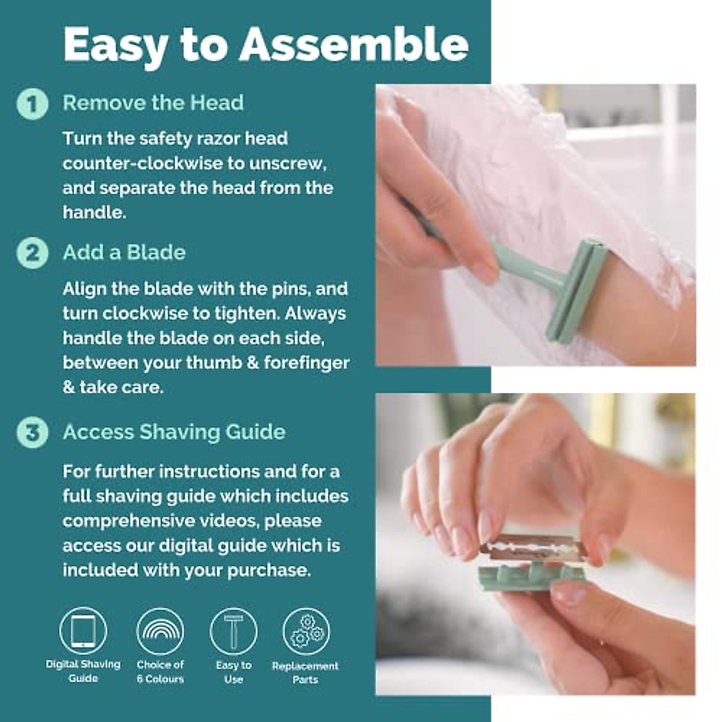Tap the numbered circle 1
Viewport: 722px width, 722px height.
32,103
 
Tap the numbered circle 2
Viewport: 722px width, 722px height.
32,253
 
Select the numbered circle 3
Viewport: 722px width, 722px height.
32,433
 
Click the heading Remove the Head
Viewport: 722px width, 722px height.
153,103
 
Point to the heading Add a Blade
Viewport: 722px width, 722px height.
124,252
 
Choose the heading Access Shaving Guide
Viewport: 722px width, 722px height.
174,432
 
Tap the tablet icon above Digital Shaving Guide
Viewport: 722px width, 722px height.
83,631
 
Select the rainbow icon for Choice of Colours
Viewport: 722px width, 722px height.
160,631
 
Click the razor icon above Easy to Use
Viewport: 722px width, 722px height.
233,631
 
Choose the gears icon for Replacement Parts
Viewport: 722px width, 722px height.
306,631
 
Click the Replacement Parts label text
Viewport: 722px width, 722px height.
305,673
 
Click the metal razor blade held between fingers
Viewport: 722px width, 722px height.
532,548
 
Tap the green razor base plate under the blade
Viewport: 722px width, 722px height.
529,578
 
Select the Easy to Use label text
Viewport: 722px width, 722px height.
233,672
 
